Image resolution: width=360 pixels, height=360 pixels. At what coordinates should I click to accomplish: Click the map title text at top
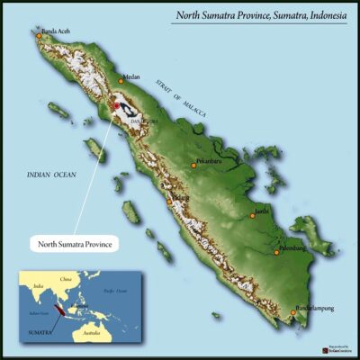click(x=263, y=16)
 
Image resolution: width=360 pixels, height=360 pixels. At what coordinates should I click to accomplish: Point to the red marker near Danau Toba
click(x=116, y=106)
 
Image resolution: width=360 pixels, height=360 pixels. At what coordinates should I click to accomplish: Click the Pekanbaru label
click(x=209, y=164)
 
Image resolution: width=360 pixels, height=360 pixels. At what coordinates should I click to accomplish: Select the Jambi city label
click(x=264, y=211)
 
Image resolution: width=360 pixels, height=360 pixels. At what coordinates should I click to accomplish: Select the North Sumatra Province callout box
click(x=76, y=243)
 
